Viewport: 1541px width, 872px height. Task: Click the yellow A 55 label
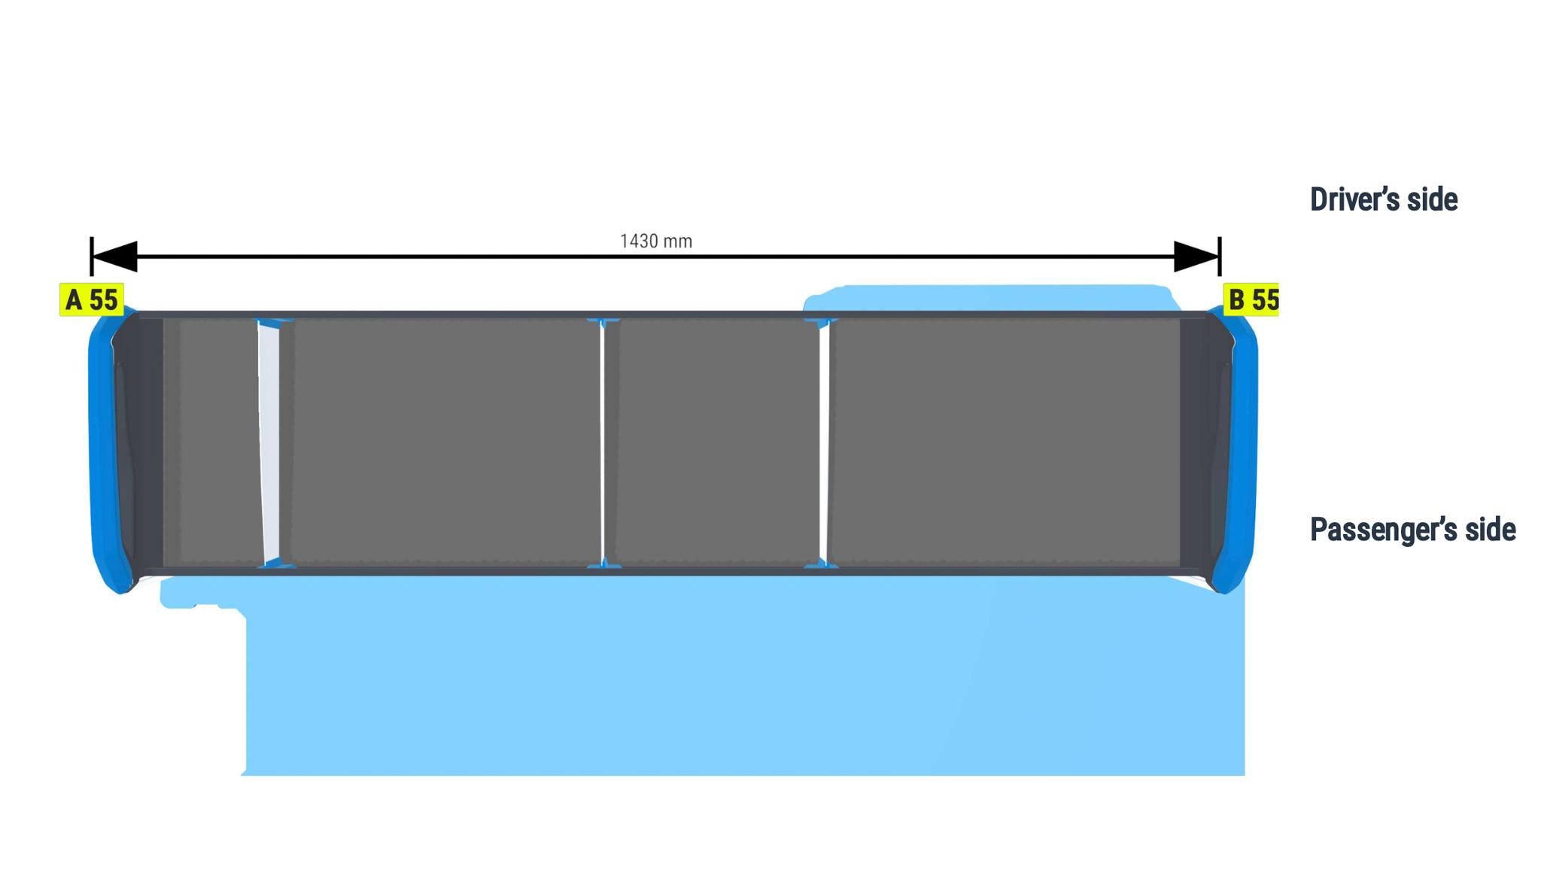click(92, 299)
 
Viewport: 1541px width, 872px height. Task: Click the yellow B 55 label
click(1251, 299)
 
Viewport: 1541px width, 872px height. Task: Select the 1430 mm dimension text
click(655, 241)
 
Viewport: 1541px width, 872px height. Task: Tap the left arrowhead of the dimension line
click(114, 257)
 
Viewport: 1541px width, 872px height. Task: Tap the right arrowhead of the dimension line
click(1196, 257)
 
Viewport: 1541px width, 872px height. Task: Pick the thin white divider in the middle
click(602, 442)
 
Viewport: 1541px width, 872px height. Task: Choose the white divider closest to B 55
click(824, 442)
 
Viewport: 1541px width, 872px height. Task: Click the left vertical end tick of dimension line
click(91, 257)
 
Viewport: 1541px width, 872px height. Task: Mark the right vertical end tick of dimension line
click(1220, 257)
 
